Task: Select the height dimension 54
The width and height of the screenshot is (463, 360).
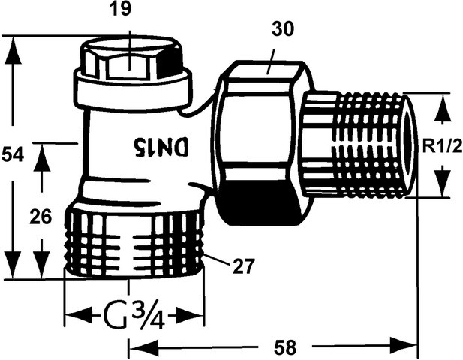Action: pos(13,155)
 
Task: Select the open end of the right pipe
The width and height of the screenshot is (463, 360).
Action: pos(410,145)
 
